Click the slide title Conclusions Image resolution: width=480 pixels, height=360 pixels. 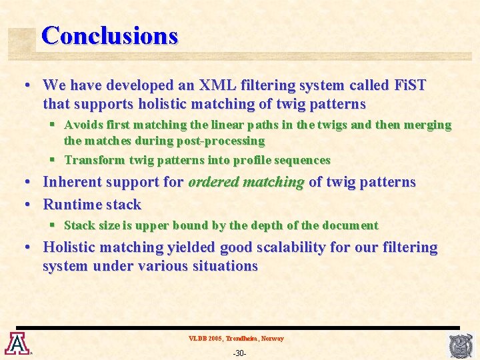click(109, 35)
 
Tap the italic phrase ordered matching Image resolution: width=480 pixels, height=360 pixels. click(246, 182)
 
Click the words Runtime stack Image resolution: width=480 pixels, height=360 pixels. click(92, 205)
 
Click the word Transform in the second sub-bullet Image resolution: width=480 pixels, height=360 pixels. click(94, 160)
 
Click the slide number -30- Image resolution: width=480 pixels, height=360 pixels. click(239, 352)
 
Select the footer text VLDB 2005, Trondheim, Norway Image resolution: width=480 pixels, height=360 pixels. click(236, 339)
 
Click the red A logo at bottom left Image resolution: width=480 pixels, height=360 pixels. click(15, 343)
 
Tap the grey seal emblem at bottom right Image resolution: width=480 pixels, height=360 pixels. click(461, 345)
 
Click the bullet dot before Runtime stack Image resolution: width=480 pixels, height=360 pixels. click(27, 205)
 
